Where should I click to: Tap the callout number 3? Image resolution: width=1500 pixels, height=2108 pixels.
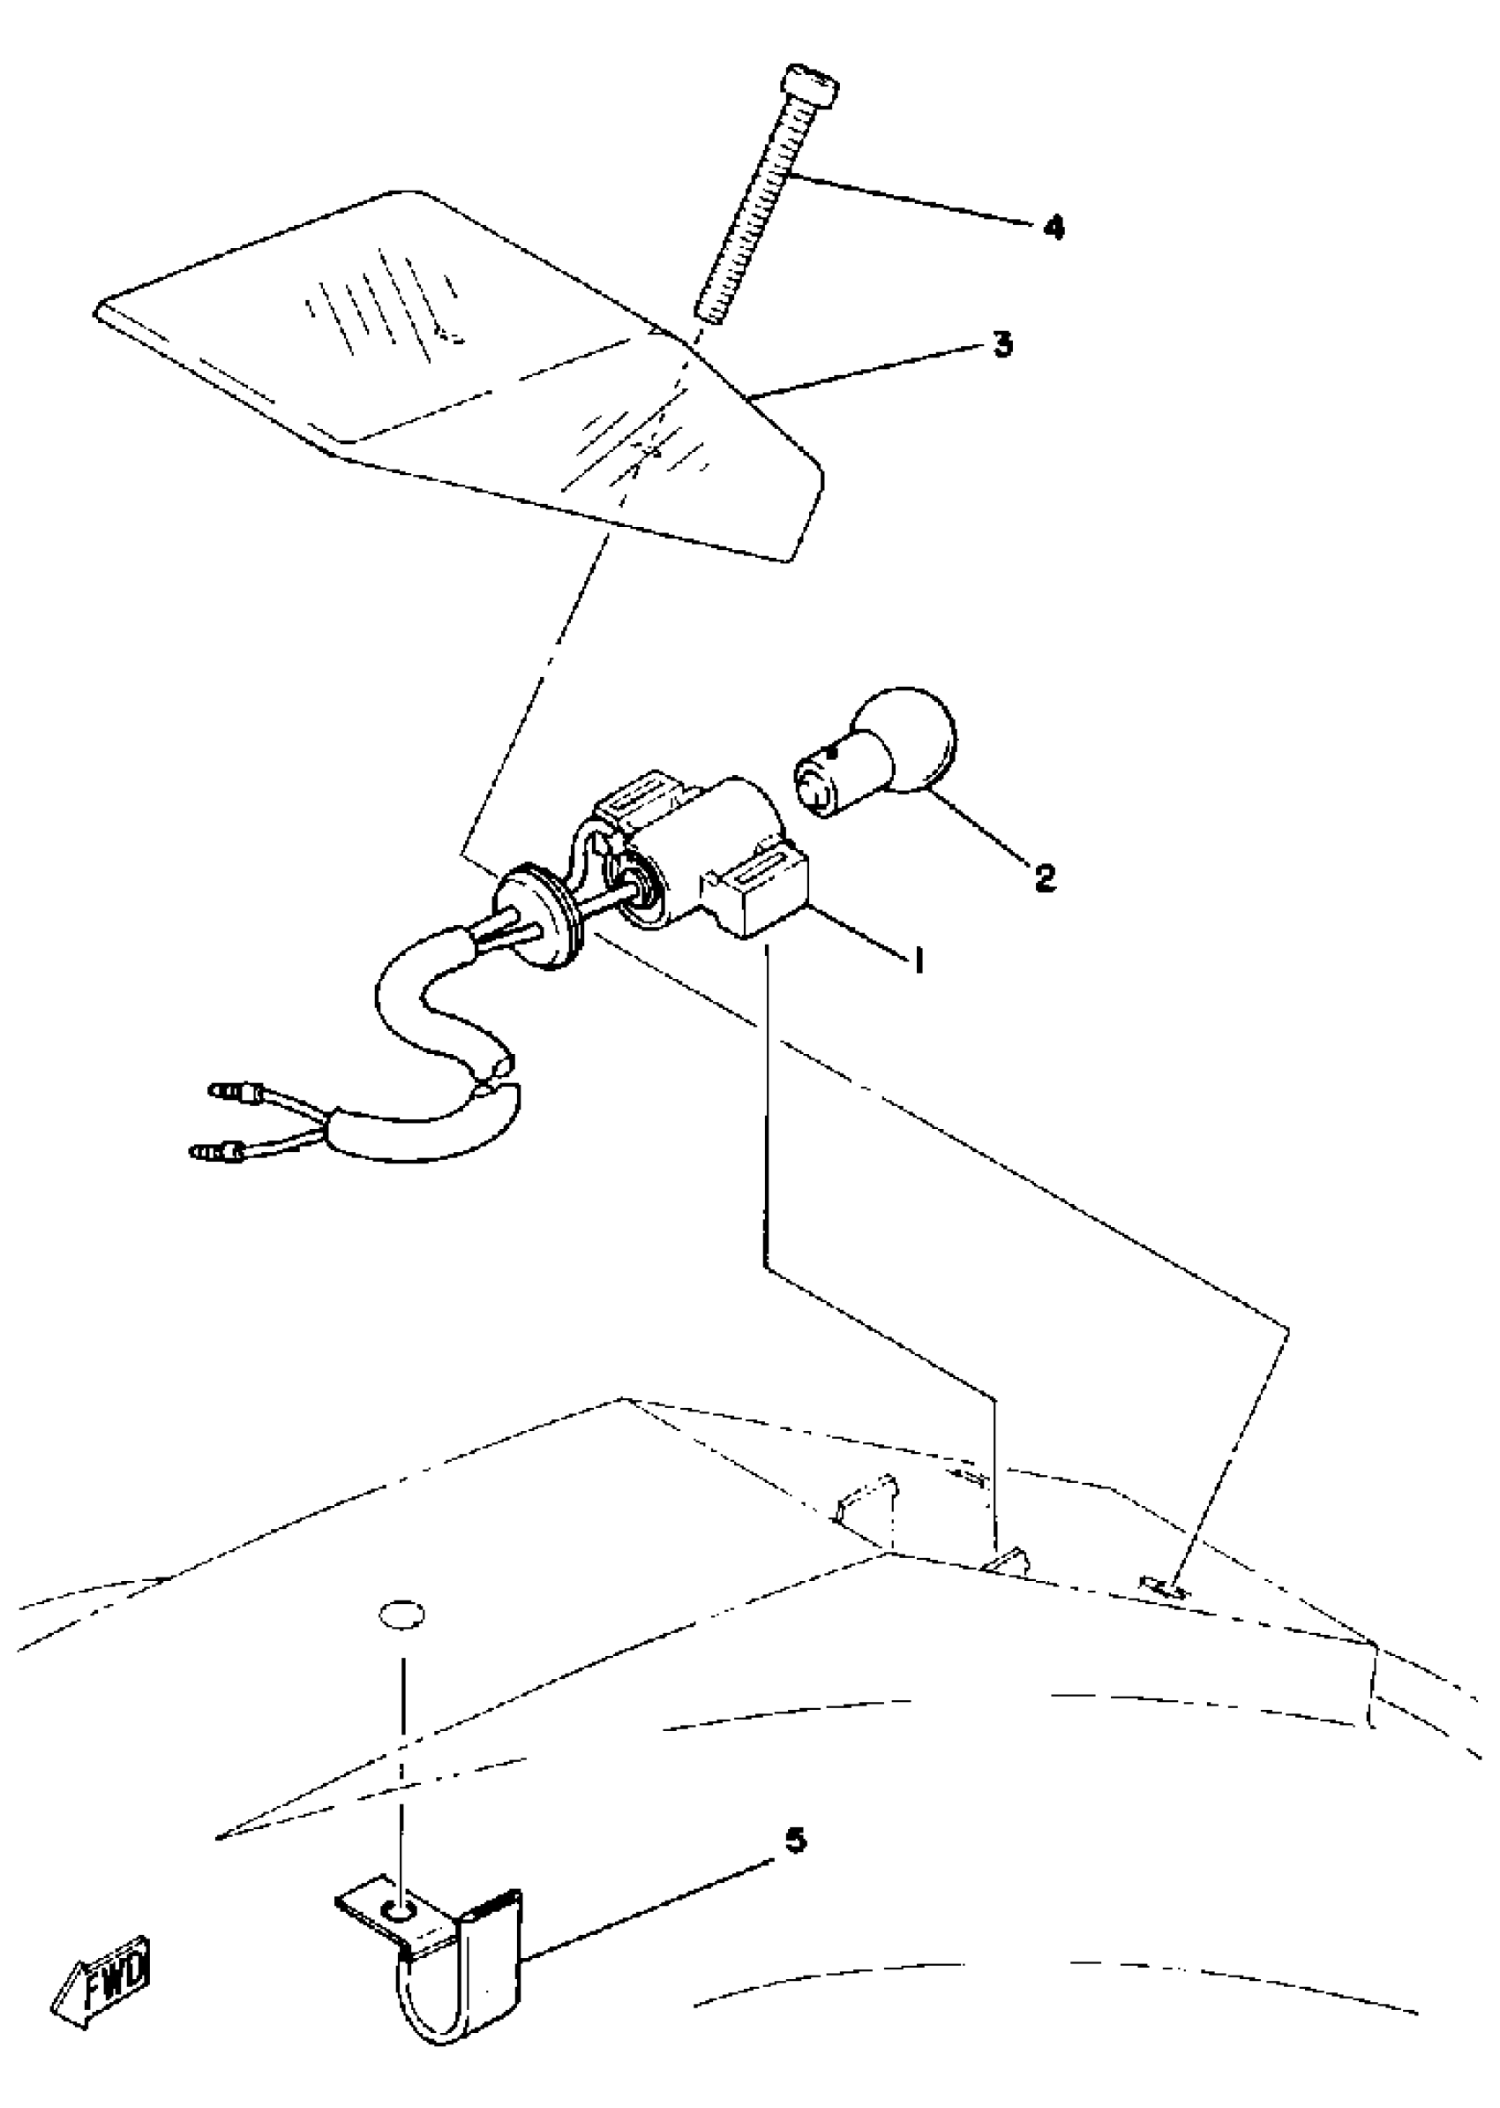coord(1002,346)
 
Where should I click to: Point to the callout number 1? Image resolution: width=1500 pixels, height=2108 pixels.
coord(919,962)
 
